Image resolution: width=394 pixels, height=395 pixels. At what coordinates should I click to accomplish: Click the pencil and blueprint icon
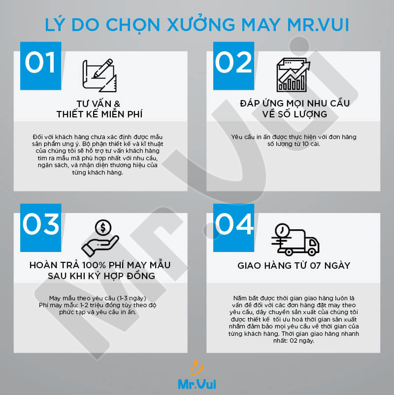click(x=99, y=75)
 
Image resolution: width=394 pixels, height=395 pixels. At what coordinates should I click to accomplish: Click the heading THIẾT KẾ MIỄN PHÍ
click(x=98, y=114)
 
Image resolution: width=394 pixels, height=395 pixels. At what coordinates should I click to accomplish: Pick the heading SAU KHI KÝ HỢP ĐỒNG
click(x=98, y=276)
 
